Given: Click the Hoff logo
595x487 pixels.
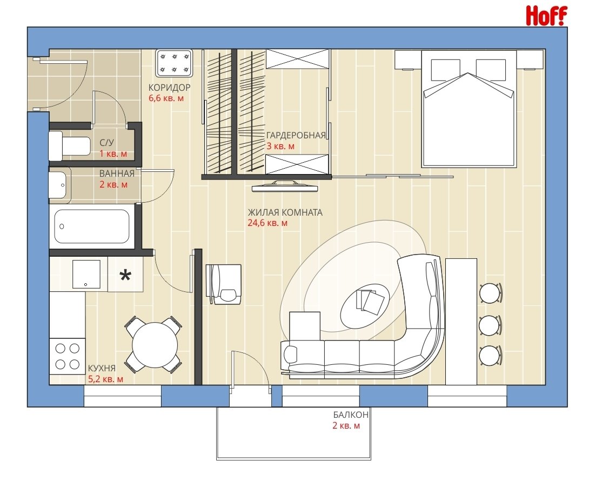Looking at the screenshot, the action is [546, 16].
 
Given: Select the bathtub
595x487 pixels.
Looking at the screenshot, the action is [92, 226].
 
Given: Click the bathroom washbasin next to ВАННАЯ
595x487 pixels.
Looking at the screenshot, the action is [59, 185].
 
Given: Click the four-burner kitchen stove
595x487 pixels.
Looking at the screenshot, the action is [67, 356].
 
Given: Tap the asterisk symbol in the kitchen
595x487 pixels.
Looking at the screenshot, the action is [125, 275].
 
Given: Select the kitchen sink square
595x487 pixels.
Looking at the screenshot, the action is [86, 274].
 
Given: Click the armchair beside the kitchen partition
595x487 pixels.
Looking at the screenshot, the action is [224, 284].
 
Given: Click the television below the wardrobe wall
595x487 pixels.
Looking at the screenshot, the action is [285, 185].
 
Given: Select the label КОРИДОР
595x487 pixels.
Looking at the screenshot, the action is [169, 88].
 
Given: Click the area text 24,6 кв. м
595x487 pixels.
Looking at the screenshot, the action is [268, 223].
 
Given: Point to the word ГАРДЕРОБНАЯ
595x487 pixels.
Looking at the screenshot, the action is [296, 136].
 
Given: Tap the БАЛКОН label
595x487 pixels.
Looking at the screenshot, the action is [351, 415].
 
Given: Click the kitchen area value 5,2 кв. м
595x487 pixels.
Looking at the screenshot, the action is [105, 379].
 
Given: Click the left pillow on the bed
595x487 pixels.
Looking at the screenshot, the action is [445, 70].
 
